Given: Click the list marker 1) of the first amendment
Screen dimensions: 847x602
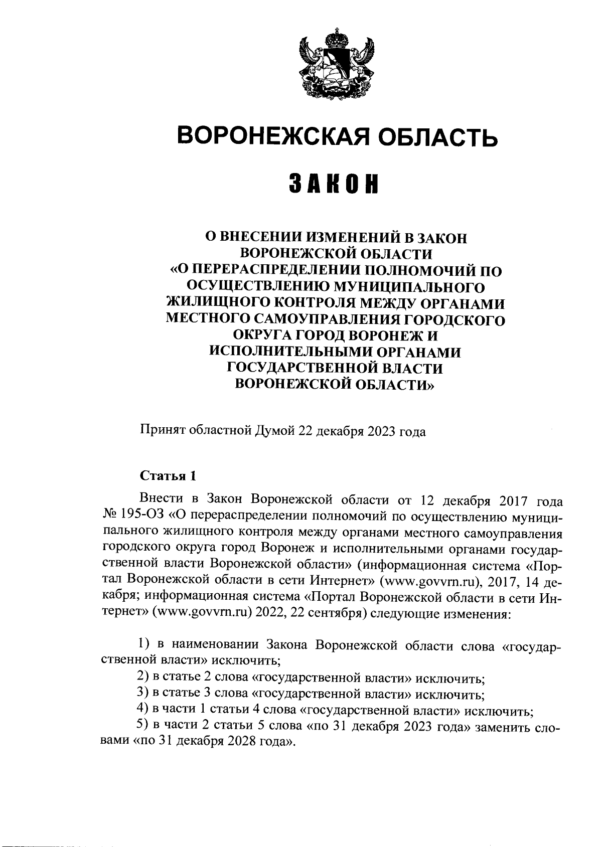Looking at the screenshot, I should [144, 644].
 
